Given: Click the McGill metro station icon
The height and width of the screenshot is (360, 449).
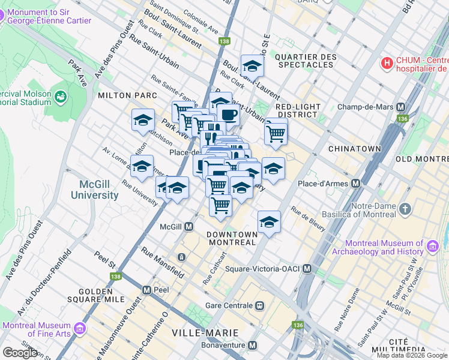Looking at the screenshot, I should pyautogui.click(x=188, y=226).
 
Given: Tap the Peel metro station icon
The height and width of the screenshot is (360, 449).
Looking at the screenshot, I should pyautogui.click(x=146, y=290).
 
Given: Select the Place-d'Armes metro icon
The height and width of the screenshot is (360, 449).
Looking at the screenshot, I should pyautogui.click(x=356, y=183).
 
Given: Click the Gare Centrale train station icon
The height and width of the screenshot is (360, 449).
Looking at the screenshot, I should pyautogui.click(x=260, y=305).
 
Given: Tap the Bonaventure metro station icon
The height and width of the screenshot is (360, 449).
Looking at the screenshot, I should pyautogui.click(x=253, y=346).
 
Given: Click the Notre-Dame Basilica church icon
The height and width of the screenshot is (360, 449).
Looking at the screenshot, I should pyautogui.click(x=406, y=209).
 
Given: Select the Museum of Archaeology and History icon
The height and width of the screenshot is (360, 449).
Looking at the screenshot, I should pyautogui.click(x=432, y=245).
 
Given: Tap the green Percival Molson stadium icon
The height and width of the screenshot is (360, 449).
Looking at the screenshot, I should pyautogui.click(x=61, y=96).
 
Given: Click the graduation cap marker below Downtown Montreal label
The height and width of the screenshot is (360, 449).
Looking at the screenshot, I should pyautogui.click(x=269, y=223).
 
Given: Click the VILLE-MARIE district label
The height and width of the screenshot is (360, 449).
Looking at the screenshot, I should pyautogui.click(x=205, y=332).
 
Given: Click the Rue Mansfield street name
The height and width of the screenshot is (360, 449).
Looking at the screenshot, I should pyautogui.click(x=163, y=262).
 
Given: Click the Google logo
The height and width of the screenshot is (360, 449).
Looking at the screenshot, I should pyautogui.click(x=20, y=352).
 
